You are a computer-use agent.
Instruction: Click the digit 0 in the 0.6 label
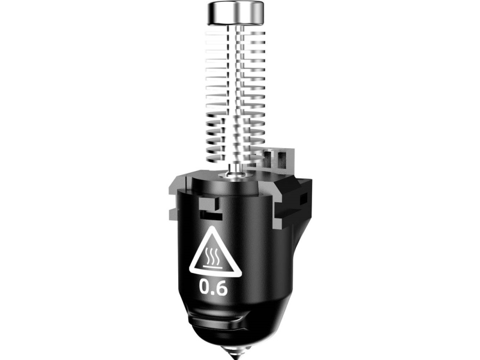[x=205, y=289]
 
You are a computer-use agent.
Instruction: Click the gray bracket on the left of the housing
[x=175, y=195]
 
